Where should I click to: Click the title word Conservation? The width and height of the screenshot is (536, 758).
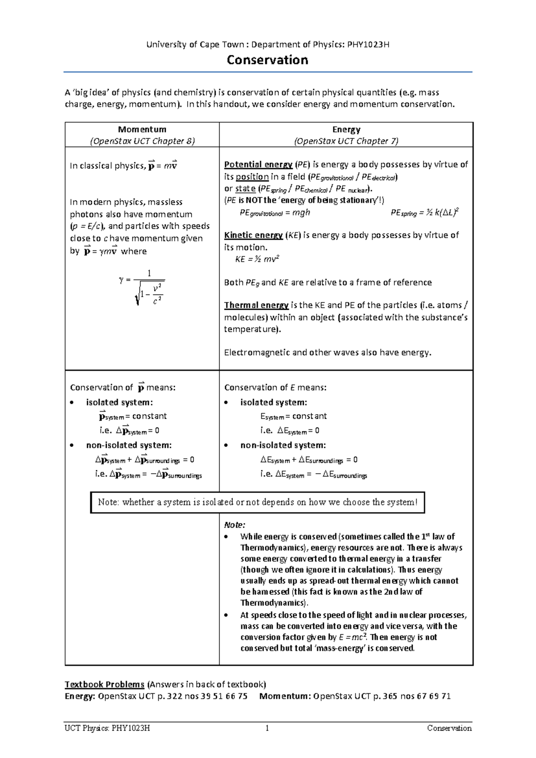pos(267,60)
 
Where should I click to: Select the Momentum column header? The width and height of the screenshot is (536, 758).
pos(142,129)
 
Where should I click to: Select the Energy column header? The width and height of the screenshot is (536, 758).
pos(346,129)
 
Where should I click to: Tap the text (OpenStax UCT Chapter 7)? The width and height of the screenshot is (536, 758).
pos(346,141)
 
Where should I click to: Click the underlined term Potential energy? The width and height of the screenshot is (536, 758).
pos(258,164)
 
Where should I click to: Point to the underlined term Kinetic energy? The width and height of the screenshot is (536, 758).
pos(253,235)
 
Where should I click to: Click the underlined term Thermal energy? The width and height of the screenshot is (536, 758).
pos(256,305)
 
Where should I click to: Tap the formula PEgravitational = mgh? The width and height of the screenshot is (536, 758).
pos(275,213)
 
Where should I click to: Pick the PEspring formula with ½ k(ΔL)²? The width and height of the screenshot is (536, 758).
pos(425,213)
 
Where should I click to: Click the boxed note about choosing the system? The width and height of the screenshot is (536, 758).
pos(257,502)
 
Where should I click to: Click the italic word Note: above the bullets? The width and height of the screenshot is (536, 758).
pos(234,525)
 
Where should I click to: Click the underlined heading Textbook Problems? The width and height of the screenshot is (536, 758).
pos(105,684)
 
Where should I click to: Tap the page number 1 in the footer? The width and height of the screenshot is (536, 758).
pos(267,728)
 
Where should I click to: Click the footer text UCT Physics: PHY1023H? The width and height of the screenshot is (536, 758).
pos(107,728)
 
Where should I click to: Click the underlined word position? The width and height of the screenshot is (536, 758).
pos(252,177)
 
